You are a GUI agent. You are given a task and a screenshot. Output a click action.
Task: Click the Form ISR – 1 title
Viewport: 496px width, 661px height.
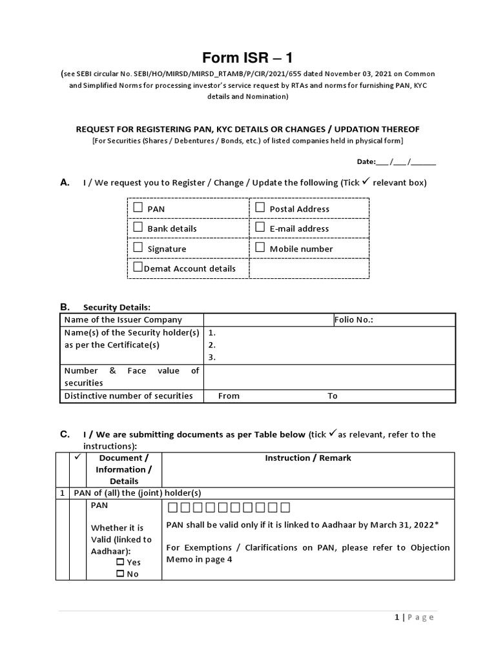point(247,58)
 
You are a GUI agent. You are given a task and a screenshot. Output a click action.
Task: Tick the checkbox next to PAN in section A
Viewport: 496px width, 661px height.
point(138,208)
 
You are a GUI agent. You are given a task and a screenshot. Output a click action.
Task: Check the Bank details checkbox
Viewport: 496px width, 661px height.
point(138,227)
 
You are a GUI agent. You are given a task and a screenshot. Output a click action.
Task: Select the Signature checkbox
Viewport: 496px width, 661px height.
point(138,247)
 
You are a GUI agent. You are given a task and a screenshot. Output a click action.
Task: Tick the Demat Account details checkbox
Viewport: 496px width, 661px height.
point(138,267)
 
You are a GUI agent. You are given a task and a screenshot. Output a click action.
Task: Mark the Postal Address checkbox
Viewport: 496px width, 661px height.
point(260,208)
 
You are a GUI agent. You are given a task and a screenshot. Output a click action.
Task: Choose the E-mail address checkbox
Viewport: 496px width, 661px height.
point(260,227)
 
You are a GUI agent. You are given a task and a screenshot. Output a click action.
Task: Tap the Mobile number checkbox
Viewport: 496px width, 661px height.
point(260,247)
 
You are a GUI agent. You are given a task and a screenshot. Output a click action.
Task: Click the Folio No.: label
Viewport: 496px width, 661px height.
point(353,320)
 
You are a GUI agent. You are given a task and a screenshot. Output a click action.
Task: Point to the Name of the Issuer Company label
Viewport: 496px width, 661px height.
point(123,320)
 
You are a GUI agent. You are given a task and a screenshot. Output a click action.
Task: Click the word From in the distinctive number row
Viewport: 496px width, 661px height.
point(229,396)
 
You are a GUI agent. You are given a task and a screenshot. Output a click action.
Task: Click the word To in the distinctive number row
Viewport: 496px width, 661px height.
point(333,396)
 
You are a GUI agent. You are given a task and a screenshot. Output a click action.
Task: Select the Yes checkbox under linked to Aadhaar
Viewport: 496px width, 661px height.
point(120,562)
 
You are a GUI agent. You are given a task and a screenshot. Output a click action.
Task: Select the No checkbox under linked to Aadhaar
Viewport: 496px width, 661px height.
point(120,573)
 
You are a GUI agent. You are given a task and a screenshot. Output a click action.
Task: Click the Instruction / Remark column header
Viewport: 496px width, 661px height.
point(308,458)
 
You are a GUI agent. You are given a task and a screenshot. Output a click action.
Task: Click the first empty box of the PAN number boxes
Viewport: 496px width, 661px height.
point(172,507)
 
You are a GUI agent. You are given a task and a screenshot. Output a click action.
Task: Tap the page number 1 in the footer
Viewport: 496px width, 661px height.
point(397,617)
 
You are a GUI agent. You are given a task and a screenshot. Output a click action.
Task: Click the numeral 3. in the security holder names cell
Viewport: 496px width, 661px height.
point(212,357)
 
